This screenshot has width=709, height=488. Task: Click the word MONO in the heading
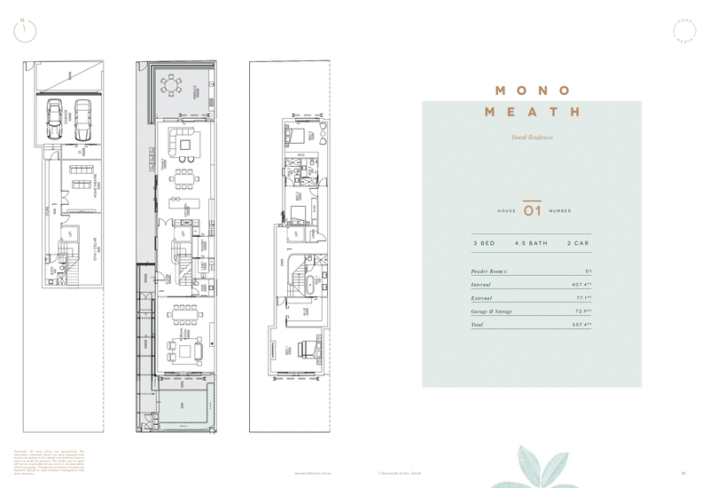click(532, 91)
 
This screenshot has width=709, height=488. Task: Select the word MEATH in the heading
click(532, 113)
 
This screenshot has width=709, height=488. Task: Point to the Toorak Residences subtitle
click(532, 138)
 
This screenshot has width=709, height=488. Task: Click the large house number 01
click(532, 211)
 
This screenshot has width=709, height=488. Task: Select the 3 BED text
click(484, 243)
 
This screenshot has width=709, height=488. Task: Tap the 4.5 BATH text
click(533, 243)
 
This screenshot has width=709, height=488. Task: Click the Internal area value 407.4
click(580, 285)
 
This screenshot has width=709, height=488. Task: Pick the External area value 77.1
click(581, 299)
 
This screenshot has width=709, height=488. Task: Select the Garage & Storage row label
click(492, 312)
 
